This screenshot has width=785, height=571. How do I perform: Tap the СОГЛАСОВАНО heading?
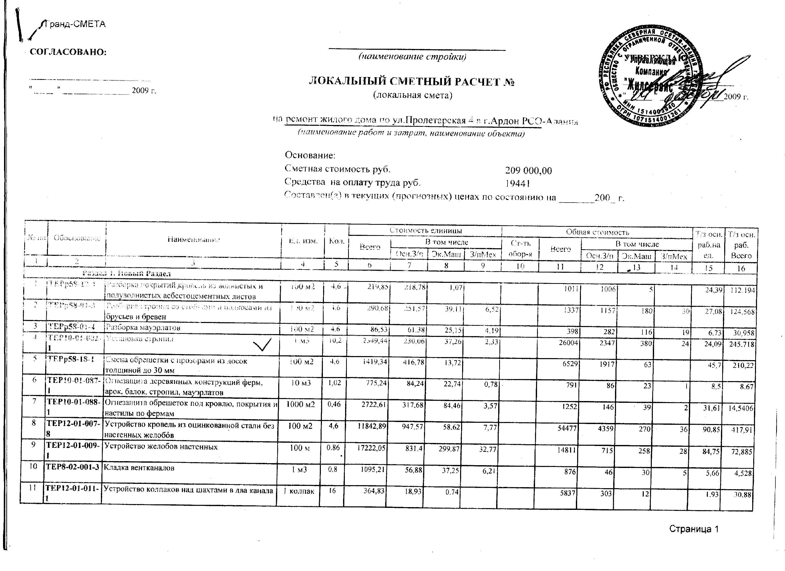pyautogui.click(x=68, y=52)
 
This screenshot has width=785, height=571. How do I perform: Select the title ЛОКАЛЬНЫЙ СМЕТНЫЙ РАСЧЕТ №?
pyautogui.click(x=411, y=82)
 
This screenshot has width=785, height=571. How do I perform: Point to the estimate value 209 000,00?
pyautogui.click(x=528, y=171)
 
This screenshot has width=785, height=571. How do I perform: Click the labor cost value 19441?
pyautogui.click(x=518, y=183)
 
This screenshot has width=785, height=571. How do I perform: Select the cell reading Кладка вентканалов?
pyautogui.click(x=139, y=468)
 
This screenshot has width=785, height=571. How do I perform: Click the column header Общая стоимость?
pyautogui.click(x=597, y=232)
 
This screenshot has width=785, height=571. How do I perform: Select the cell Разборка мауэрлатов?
pyautogui.click(x=143, y=328)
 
